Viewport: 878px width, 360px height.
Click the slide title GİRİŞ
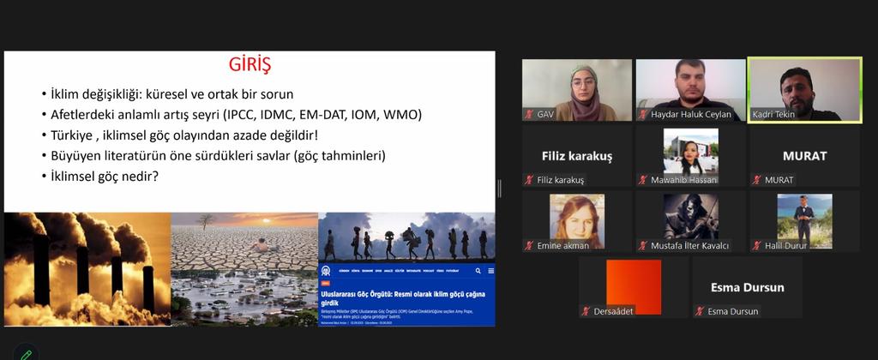pyautogui.click(x=250, y=65)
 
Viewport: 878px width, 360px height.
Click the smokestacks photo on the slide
pyautogui.click(x=87, y=269)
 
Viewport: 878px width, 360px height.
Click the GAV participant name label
pyautogui.click(x=545, y=114)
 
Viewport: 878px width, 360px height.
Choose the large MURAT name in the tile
pyautogui.click(x=804, y=156)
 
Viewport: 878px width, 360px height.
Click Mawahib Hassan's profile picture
pyautogui.click(x=690, y=152)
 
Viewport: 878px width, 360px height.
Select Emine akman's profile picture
pyautogui.click(x=576, y=217)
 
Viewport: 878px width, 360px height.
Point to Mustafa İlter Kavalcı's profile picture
pyautogui.click(x=690, y=217)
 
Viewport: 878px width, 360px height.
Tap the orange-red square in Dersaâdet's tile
pyautogui.click(x=634, y=286)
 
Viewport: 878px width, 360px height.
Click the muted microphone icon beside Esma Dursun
pyautogui.click(x=698, y=311)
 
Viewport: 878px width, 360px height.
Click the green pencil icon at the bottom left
pyautogui.click(x=27, y=353)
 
